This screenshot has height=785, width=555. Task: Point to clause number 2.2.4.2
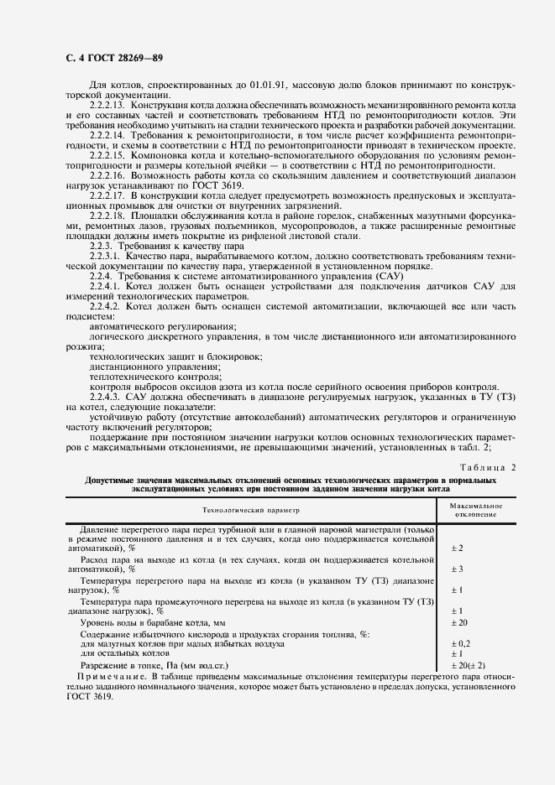(106, 306)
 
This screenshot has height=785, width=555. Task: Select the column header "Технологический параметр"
(249, 510)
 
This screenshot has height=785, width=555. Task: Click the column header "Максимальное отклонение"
(475, 510)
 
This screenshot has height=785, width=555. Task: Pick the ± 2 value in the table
(458, 548)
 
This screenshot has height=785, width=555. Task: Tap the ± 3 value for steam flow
(458, 568)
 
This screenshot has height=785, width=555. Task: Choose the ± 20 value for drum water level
(460, 623)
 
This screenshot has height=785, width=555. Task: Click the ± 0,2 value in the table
(461, 643)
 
